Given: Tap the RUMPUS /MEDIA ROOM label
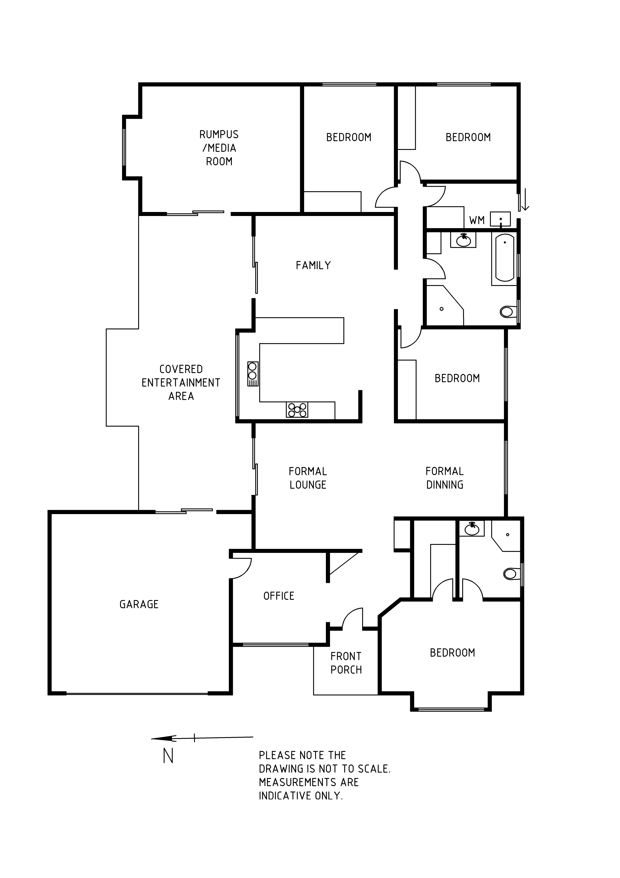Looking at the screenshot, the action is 219,148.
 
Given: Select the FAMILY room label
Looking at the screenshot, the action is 313,265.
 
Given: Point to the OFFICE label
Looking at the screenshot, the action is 279,596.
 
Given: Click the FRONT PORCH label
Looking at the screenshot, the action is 346,663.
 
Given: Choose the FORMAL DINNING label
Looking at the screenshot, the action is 445,478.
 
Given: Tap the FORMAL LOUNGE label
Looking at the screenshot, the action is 308,478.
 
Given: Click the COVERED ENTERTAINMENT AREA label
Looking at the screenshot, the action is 181,382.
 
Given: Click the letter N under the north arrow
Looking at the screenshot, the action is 168,755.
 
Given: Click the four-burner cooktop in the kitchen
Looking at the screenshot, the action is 297,410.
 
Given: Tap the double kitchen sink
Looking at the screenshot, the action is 253,374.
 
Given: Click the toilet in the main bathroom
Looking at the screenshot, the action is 508,312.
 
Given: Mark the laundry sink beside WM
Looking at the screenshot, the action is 500,219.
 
